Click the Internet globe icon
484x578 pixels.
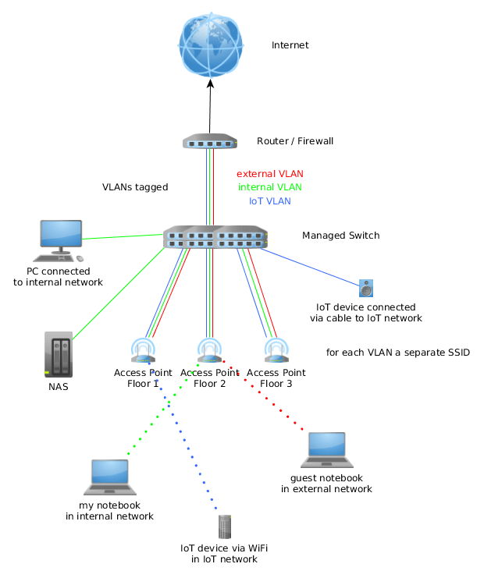point(210,44)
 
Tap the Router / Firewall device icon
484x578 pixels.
point(209,142)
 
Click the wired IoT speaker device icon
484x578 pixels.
point(366,289)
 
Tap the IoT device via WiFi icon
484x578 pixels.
point(225,527)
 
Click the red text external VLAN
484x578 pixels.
point(270,174)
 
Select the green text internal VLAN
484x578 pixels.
point(270,187)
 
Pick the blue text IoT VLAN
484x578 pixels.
point(270,201)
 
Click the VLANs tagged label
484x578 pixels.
point(135,187)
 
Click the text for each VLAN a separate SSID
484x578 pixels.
point(398,353)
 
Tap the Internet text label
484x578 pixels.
point(290,45)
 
